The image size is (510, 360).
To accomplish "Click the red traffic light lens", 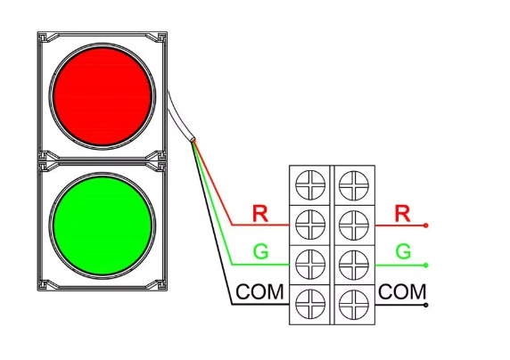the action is point(103,96).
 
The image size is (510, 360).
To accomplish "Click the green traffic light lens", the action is point(103,225).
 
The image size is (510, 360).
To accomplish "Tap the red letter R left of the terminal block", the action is point(260,213).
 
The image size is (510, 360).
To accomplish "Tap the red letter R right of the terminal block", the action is point(402,213).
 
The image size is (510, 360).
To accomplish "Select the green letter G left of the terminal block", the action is point(261,251).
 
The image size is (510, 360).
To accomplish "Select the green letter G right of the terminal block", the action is point(403,251).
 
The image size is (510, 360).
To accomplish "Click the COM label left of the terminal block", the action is point(259,291).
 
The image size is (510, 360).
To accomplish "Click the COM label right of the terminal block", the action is point(402,291).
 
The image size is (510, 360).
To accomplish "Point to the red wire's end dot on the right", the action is point(426,225).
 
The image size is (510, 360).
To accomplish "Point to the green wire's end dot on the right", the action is point(426,266).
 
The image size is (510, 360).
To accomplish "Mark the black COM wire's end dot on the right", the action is point(426,305).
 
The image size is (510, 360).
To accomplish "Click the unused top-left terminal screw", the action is point(310,185).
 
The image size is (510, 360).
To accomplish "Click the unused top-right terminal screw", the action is point(354,185).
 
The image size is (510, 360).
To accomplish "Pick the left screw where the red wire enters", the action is point(310,225).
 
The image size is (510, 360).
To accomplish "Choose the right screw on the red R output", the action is point(354,225).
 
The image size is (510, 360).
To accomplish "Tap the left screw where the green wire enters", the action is point(310,265).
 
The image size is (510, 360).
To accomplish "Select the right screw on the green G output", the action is point(354,265).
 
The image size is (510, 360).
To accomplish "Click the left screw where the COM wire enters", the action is point(310,305).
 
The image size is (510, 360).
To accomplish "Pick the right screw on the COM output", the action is point(354,305).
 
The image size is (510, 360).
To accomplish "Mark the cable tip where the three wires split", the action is point(193,140).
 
